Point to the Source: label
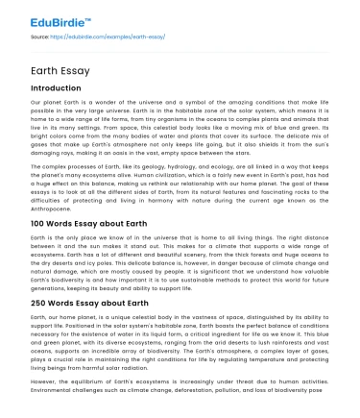[41, 36]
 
